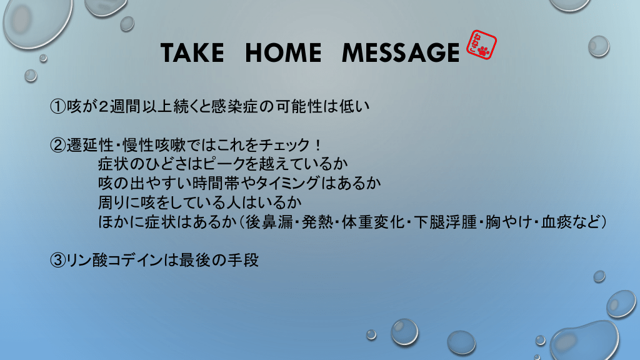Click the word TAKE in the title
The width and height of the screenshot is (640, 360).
coord(192,52)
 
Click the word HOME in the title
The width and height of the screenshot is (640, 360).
coord(283,52)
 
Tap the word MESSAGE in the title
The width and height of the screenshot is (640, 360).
coord(401,52)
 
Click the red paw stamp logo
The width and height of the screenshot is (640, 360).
coord(481,45)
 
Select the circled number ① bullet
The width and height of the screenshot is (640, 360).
coord(57,106)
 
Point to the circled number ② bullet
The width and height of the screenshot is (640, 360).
coord(57,145)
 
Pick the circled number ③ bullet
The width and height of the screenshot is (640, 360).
coord(57,260)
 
